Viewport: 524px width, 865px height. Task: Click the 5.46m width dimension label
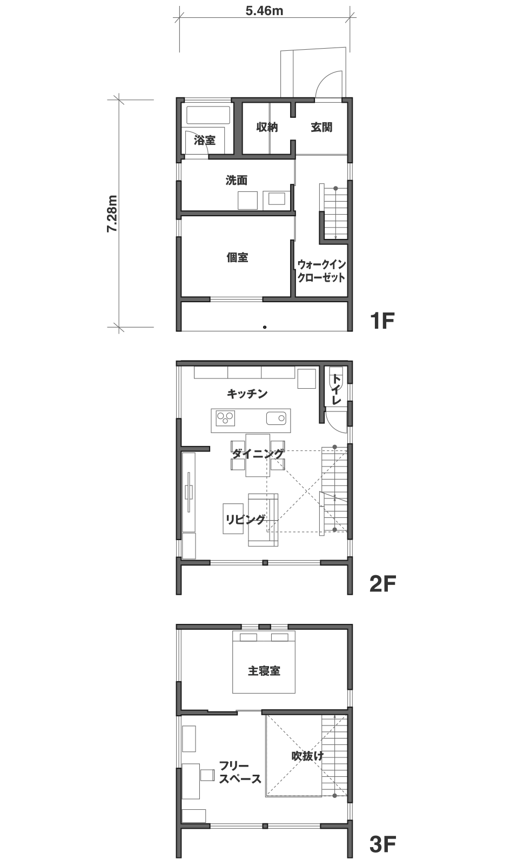(264, 11)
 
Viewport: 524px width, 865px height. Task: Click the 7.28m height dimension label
(112, 214)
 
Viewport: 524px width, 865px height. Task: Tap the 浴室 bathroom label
(205, 140)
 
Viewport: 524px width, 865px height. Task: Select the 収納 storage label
(267, 127)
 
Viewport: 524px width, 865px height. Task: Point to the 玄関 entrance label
(321, 127)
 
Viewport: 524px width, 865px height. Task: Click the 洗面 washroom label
(237, 180)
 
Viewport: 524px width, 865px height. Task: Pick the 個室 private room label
(237, 257)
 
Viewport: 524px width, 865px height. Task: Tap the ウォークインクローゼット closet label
(321, 271)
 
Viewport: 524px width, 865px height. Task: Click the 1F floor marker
(382, 321)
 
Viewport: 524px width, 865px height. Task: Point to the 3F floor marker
(383, 844)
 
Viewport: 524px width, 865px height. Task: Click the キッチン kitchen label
(247, 394)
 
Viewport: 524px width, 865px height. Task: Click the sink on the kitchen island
(276, 418)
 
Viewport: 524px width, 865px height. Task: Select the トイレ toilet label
(336, 389)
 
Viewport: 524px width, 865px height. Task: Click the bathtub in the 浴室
(209, 115)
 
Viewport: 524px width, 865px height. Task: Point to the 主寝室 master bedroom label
(264, 670)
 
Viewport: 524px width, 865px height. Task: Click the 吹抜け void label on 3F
(307, 756)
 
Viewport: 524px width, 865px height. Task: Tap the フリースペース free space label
(240, 773)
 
